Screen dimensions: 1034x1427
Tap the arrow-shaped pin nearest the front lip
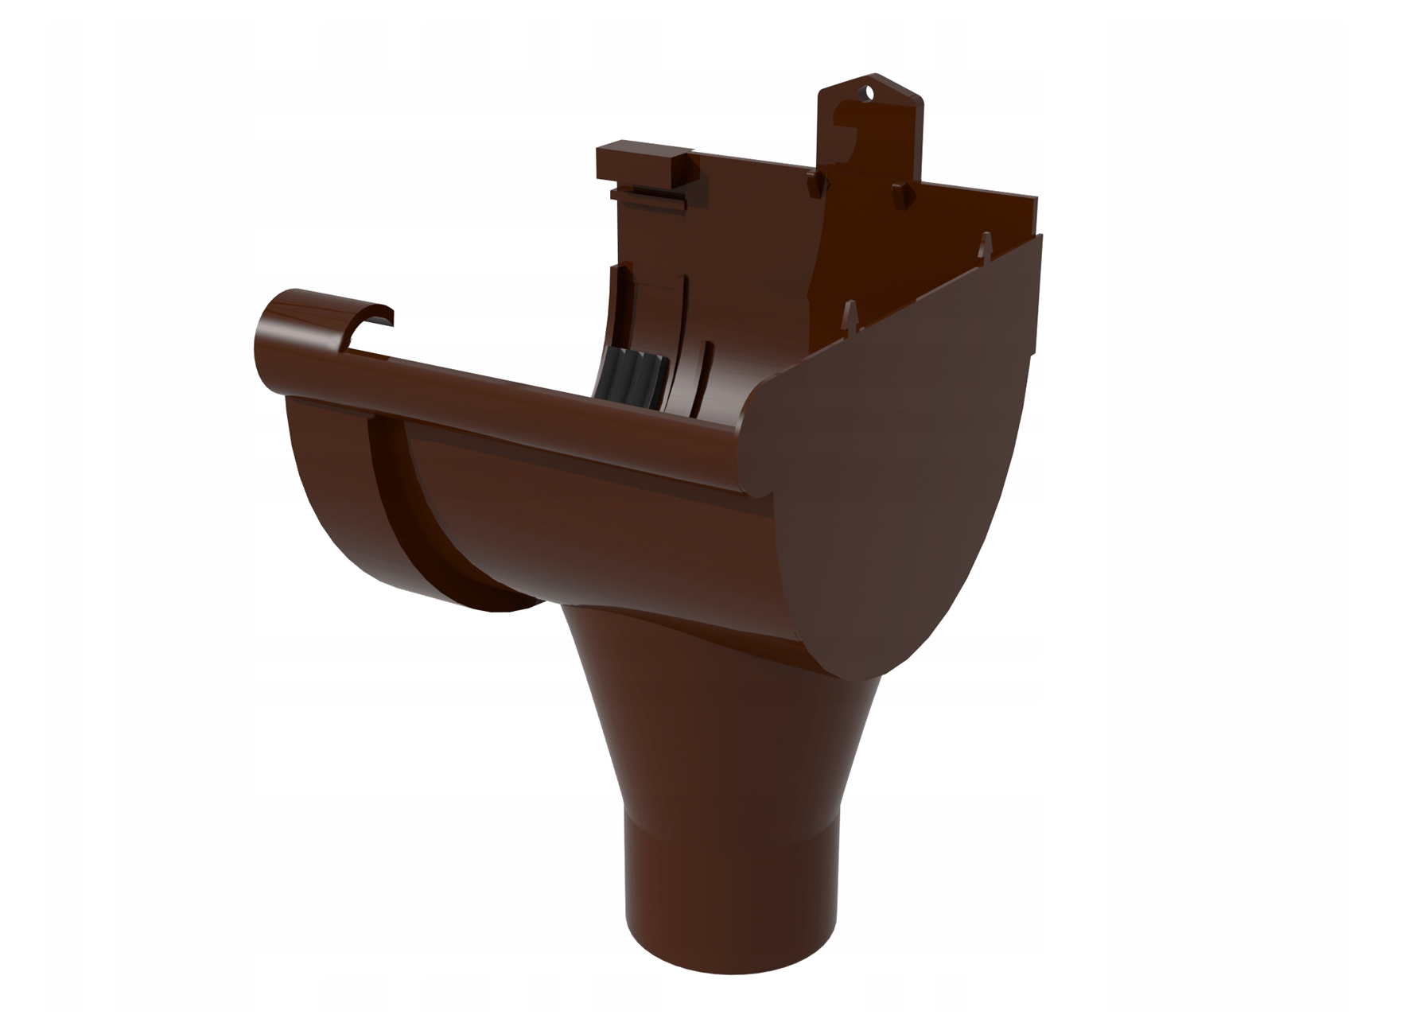coord(850,314)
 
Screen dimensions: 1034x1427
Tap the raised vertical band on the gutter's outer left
coord(385,509)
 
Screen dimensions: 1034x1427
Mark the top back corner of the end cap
coord(1039,239)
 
